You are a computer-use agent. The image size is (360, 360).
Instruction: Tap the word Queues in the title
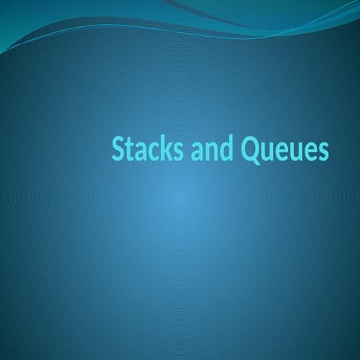tap(283, 150)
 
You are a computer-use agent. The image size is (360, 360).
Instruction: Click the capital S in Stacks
tap(117, 150)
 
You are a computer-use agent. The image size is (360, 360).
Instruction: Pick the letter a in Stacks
tap(138, 151)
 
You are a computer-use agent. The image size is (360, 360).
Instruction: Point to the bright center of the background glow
tap(180, 199)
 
